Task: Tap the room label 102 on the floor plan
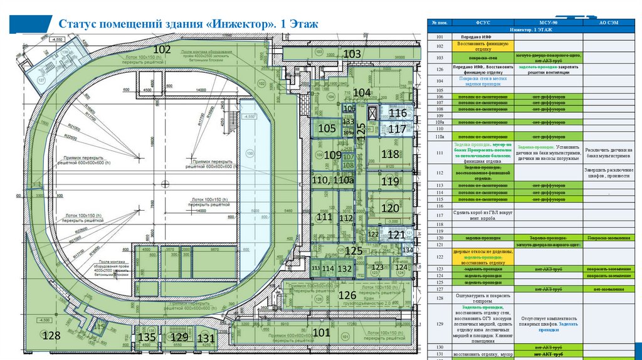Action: click(x=162, y=50)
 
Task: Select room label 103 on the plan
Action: click(x=352, y=55)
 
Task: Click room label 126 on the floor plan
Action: click(x=347, y=295)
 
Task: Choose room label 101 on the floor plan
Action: click(x=320, y=332)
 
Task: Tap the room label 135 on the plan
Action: click(x=147, y=337)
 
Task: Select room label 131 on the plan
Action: click(x=206, y=338)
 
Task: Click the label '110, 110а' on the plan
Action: click(x=333, y=180)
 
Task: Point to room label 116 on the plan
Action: click(x=397, y=114)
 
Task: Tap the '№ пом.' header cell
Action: click(x=439, y=23)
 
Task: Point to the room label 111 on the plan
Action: click(x=324, y=216)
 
